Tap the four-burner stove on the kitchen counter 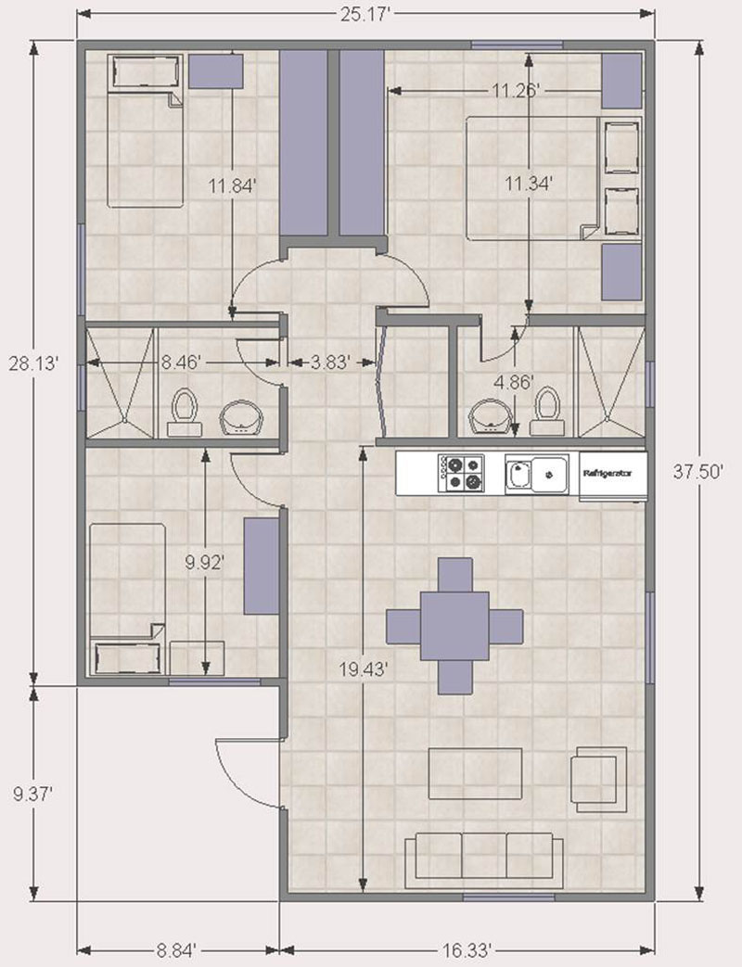point(461,473)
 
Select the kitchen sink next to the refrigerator point(537,475)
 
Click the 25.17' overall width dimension point(365,14)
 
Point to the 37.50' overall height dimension point(698,473)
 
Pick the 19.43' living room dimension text point(364,668)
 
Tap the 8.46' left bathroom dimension point(181,362)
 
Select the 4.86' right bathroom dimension point(513,382)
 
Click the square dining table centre point(454,626)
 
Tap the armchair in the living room point(597,780)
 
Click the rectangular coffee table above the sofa point(475,773)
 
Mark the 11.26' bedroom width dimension point(517,91)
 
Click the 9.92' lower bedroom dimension point(205,563)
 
